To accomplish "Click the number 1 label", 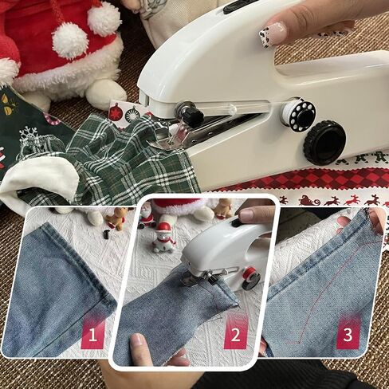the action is tap(92, 335).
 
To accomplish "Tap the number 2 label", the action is tap(235, 335).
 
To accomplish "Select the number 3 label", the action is tap(348, 335).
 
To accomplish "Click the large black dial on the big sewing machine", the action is tap(325, 141).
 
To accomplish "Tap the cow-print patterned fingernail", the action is tap(273, 34).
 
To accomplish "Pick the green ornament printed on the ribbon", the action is tap(132, 114).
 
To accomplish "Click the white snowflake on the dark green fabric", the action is tap(28, 135).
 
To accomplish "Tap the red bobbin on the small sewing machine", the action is tap(250, 275).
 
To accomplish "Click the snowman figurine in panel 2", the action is tap(163, 238).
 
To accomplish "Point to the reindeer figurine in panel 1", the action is tap(116, 218).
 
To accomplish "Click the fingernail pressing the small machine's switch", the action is tap(248, 214).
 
